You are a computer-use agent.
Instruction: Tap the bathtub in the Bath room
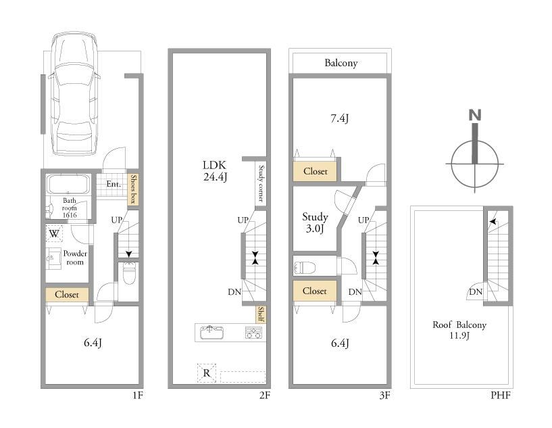point(69,185)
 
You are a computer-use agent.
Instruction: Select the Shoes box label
point(133,189)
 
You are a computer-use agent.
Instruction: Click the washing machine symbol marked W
point(54,233)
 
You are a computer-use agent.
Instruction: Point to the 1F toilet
point(128,272)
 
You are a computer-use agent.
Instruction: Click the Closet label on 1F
point(67,295)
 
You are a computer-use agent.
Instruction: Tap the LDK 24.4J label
point(215,171)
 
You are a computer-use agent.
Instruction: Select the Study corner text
point(261,183)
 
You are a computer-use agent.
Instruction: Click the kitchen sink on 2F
point(211,332)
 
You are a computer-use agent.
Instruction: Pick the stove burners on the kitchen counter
point(253,333)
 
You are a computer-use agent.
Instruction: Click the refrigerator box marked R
point(207,373)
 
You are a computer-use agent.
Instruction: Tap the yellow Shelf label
point(261,314)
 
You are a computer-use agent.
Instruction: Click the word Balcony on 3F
point(341,63)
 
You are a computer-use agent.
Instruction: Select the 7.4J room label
point(339,119)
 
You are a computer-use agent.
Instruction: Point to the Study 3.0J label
point(315,222)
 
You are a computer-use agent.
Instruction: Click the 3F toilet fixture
point(304,268)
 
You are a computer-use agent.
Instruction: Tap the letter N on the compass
point(475,115)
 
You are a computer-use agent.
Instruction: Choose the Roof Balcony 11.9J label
point(459,330)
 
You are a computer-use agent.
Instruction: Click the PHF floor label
point(501,396)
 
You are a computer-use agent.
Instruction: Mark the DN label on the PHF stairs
point(476,291)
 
